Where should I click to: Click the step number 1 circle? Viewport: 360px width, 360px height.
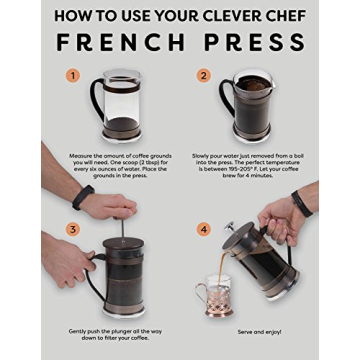tap(72, 76)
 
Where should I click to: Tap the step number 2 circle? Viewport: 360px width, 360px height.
tap(204, 76)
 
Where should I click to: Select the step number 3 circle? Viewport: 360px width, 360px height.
tap(72, 229)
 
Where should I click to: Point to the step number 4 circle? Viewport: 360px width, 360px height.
tap(204, 229)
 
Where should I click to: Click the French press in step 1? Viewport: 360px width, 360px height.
tap(122, 105)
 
